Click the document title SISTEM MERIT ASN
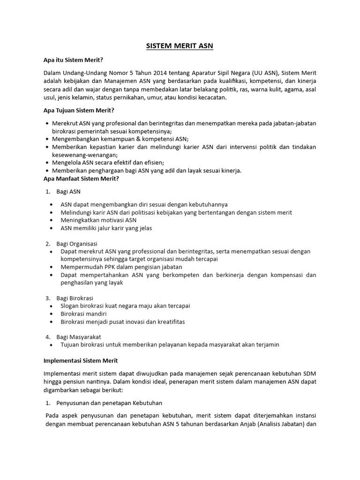(x=180, y=46)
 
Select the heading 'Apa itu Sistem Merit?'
(x=73, y=60)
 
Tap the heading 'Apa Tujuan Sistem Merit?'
(x=79, y=110)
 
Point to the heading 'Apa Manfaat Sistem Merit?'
(x=81, y=179)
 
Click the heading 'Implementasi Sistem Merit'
(x=81, y=360)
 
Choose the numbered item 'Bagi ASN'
(x=68, y=192)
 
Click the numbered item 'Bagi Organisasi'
(x=76, y=243)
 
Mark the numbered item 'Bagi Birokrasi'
(x=75, y=298)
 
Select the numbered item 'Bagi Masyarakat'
(x=78, y=337)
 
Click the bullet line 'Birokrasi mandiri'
(x=84, y=314)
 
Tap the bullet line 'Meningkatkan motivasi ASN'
(x=98, y=220)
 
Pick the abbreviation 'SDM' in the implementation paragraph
(x=309, y=373)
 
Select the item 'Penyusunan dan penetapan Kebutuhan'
(x=109, y=403)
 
